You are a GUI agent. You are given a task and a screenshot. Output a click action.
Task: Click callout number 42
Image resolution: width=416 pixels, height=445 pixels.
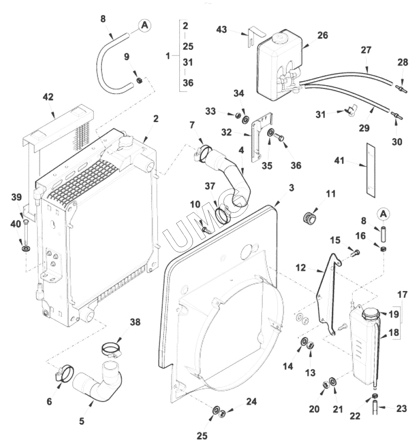tap(48, 97)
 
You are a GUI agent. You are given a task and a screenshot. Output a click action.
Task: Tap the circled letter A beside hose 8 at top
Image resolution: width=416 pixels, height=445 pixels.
tap(144, 25)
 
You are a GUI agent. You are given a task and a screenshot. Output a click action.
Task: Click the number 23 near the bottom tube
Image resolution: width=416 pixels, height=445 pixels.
tap(402, 409)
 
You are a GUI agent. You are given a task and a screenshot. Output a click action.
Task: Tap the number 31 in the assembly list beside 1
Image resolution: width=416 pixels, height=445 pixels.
tap(188, 63)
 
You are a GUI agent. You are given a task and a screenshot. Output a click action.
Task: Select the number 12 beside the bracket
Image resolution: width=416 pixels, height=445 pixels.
tap(301, 267)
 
